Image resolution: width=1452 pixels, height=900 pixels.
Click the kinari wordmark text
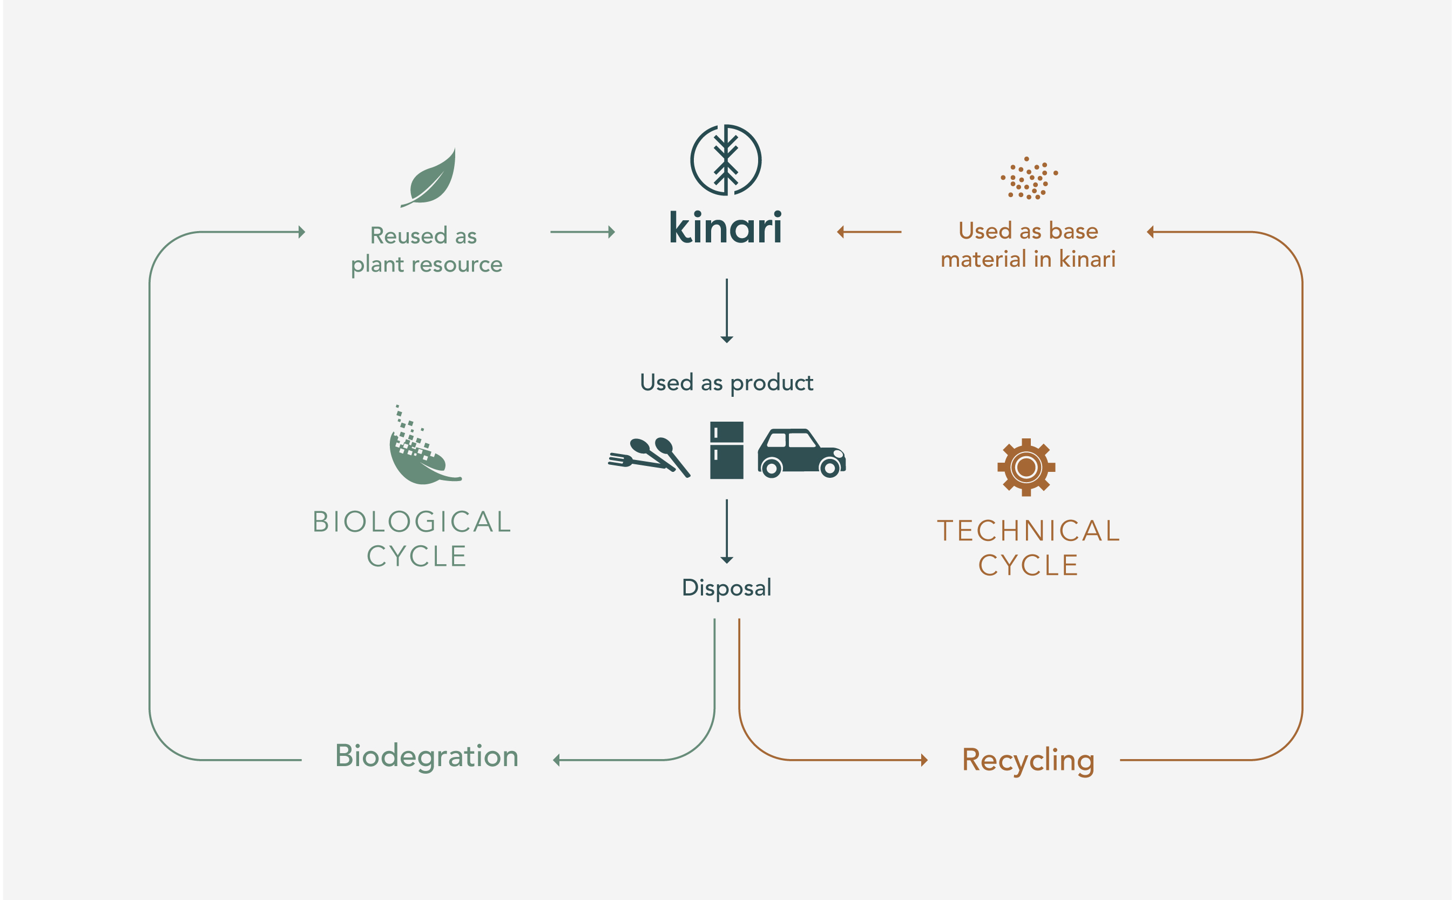(x=725, y=228)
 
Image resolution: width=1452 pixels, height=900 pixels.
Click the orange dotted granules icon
(x=1028, y=178)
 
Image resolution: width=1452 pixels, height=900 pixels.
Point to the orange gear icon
(x=1026, y=467)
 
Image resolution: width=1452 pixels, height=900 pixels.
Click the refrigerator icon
(x=726, y=450)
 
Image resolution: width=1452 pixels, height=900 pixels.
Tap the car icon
(x=801, y=452)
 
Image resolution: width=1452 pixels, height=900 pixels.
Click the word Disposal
(x=726, y=587)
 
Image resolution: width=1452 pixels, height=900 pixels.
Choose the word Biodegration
(x=426, y=756)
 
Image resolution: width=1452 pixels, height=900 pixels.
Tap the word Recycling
(x=1028, y=760)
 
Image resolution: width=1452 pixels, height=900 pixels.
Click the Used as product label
(x=726, y=383)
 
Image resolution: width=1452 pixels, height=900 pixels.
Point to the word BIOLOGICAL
(x=412, y=522)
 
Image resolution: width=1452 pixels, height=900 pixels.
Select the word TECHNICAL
(x=1028, y=531)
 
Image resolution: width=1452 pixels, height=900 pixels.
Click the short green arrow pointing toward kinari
(x=582, y=232)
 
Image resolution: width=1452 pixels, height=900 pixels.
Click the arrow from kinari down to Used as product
(x=726, y=310)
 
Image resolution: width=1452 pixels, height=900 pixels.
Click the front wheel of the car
(x=830, y=469)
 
